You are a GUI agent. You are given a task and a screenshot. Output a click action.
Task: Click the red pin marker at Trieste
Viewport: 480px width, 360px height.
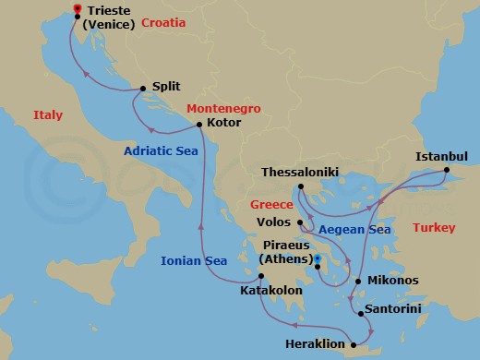click(77, 9)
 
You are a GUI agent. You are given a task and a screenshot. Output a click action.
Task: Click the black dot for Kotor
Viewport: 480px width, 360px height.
click(200, 122)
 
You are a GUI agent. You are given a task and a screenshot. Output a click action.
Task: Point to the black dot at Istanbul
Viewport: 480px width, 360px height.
click(446, 170)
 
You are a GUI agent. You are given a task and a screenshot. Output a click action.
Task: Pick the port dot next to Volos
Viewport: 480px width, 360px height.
click(301, 222)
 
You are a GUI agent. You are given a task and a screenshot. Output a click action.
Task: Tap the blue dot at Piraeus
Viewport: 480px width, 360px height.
click(316, 258)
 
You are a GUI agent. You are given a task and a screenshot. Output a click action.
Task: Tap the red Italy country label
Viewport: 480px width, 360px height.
click(47, 115)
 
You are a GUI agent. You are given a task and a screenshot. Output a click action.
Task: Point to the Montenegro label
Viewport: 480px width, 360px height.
click(223, 108)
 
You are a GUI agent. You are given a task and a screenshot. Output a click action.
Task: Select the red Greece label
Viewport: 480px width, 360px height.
click(272, 206)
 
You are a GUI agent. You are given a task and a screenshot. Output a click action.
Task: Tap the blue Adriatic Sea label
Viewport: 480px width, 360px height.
click(162, 151)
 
